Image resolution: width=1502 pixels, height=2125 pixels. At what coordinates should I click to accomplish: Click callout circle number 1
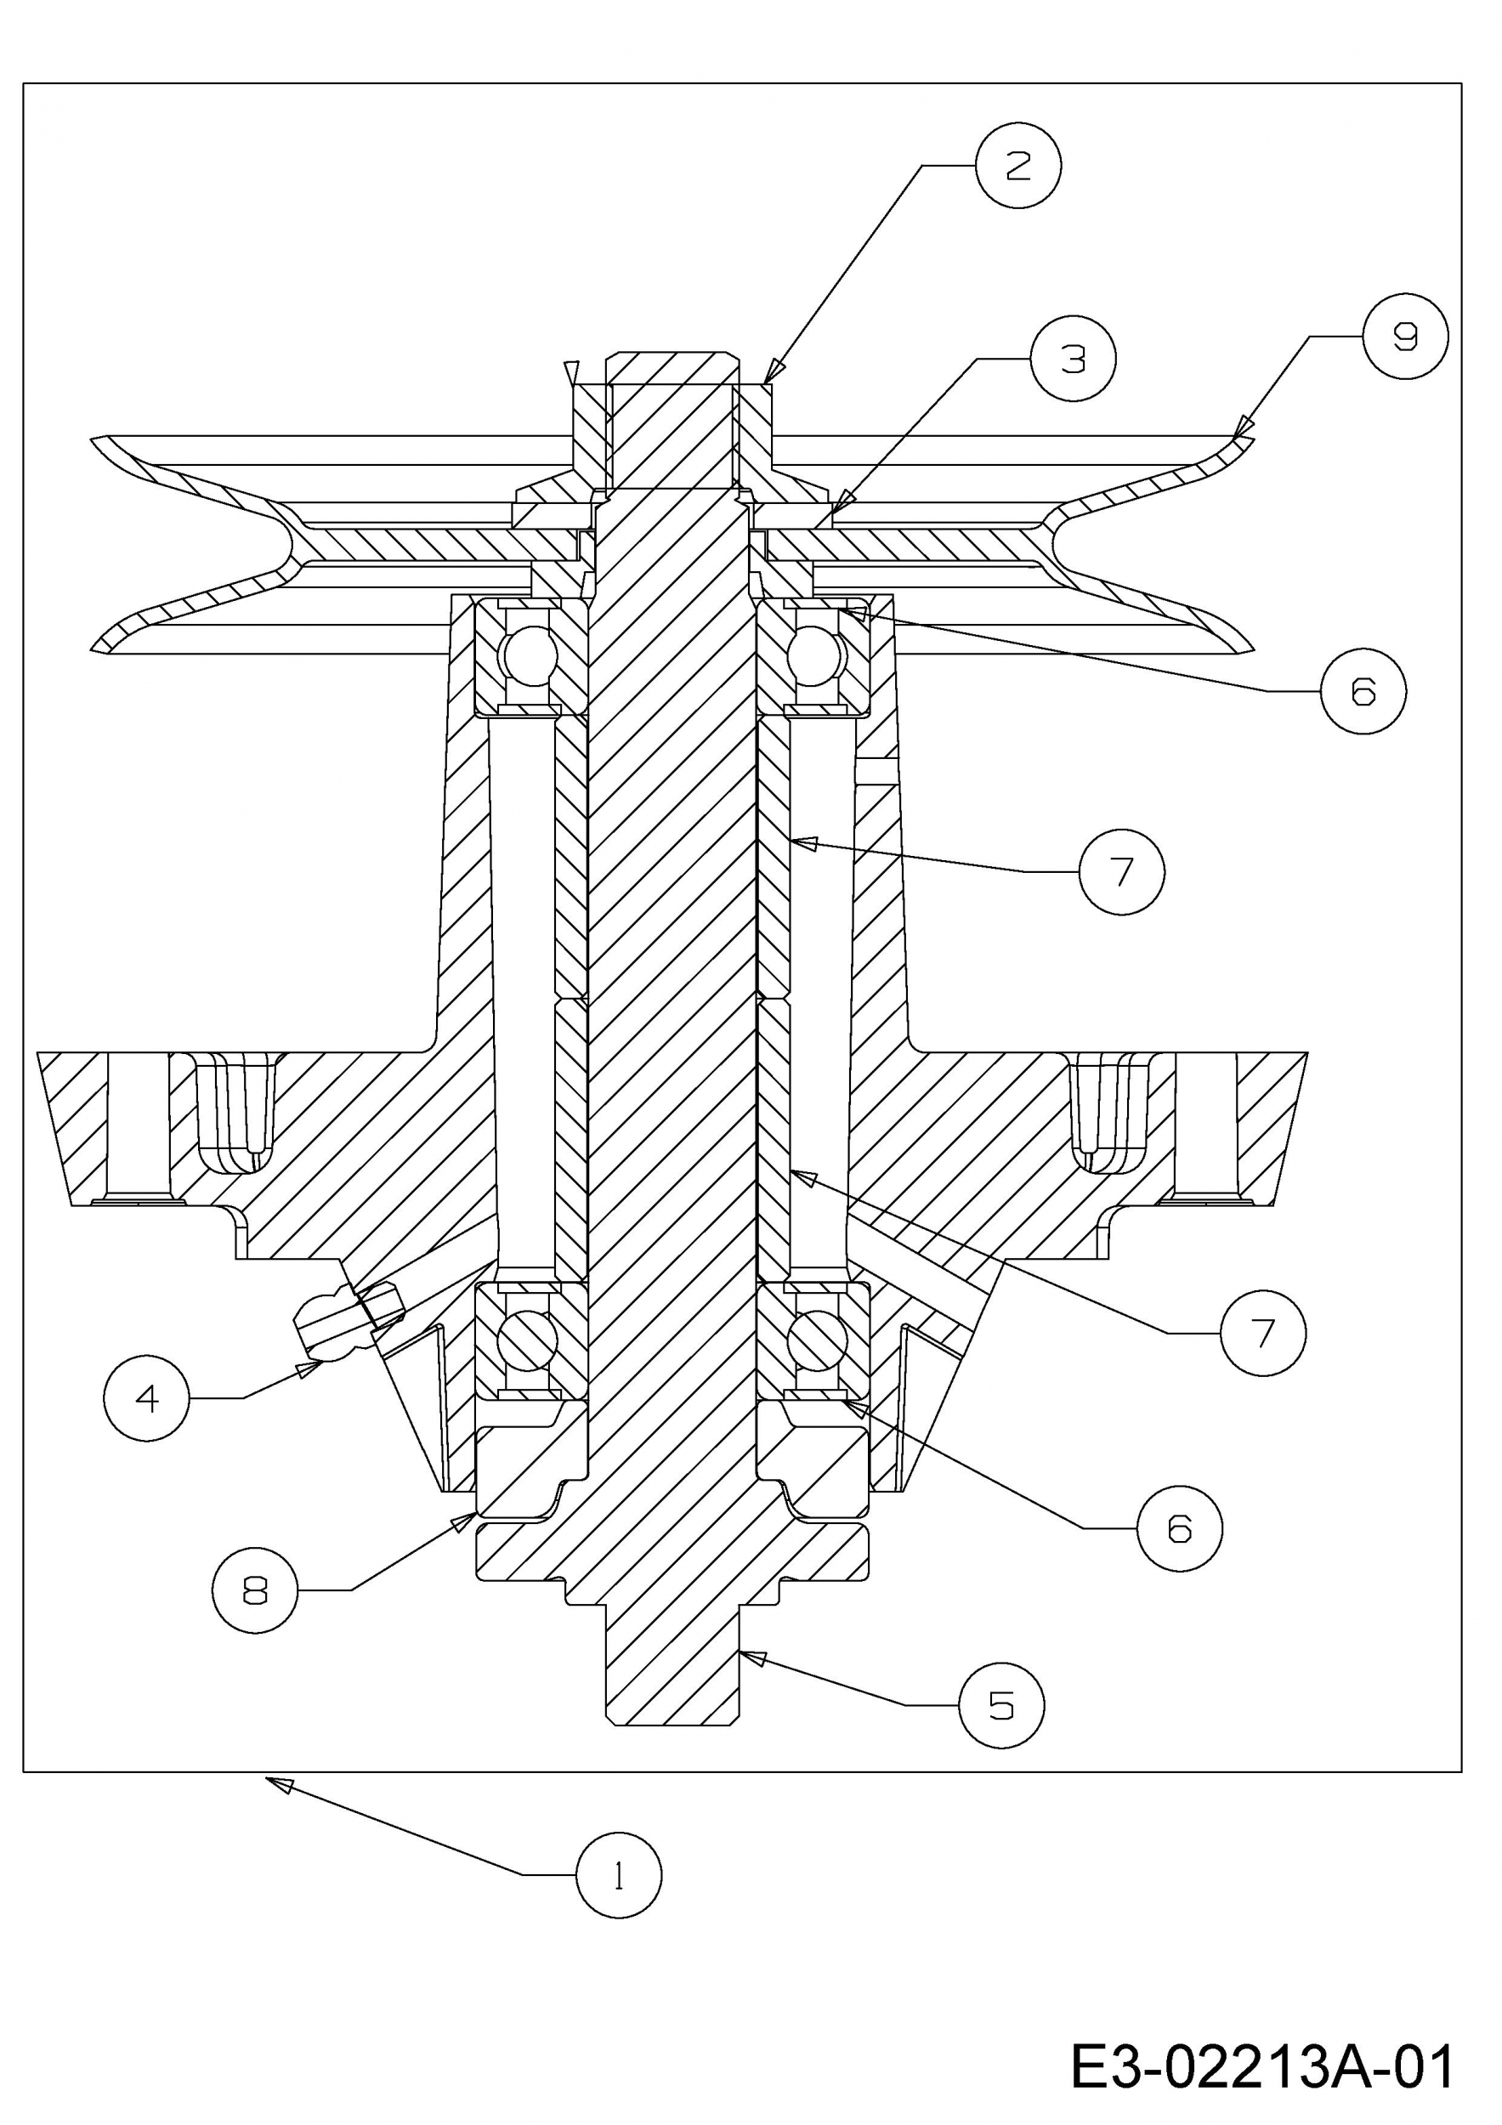pyautogui.click(x=618, y=1874)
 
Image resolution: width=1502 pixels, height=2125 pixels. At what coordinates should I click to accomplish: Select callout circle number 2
pyautogui.click(x=1018, y=166)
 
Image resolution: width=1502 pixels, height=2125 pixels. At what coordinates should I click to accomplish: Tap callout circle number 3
pyautogui.click(x=1073, y=358)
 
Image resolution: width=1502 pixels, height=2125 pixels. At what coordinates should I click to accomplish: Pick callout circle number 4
pyautogui.click(x=147, y=1397)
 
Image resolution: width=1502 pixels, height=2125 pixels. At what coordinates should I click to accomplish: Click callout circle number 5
pyautogui.click(x=1001, y=1705)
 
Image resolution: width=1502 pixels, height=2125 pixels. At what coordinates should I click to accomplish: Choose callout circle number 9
pyautogui.click(x=1405, y=336)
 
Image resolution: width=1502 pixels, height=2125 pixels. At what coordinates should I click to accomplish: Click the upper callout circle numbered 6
pyautogui.click(x=1363, y=691)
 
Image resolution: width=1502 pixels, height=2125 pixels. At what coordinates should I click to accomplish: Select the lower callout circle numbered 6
pyautogui.click(x=1179, y=1528)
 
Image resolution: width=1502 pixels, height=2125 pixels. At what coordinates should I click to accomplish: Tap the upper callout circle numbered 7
pyautogui.click(x=1122, y=872)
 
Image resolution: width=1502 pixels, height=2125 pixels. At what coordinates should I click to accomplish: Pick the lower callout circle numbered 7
pyautogui.click(x=1263, y=1333)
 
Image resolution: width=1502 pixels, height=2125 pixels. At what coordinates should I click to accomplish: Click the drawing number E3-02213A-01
pyautogui.click(x=1262, y=2061)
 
